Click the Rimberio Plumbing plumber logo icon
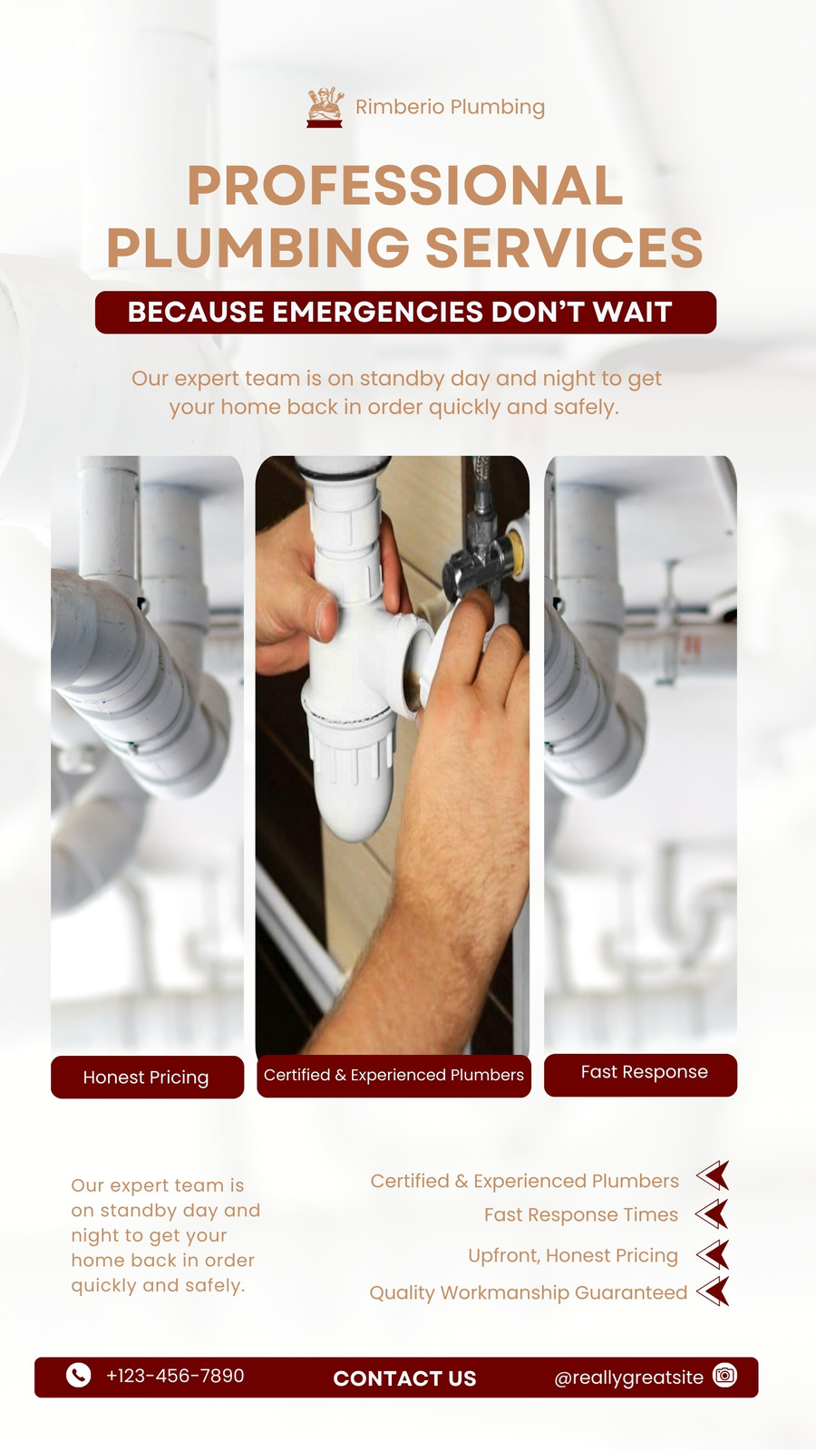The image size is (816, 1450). tap(325, 107)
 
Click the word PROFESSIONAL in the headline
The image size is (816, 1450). tap(405, 186)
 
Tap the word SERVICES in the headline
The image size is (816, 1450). tap(564, 247)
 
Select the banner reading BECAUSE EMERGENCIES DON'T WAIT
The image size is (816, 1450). tap(405, 312)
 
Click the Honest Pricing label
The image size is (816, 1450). tap(147, 1077)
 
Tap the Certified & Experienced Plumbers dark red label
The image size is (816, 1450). tap(393, 1075)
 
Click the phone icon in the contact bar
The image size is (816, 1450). tap(78, 1375)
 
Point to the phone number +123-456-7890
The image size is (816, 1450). tap(175, 1376)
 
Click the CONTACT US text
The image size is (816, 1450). tap(404, 1378)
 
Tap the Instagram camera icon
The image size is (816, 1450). tap(724, 1374)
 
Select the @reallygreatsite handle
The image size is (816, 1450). tap(629, 1377)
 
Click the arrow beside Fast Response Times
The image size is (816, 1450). tap(713, 1213)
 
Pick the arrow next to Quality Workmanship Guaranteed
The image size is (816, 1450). tap(713, 1291)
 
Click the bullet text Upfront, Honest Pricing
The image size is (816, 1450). tap(573, 1255)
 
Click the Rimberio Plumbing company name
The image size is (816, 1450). tap(450, 107)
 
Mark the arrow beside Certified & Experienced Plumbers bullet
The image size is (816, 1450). tap(713, 1175)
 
